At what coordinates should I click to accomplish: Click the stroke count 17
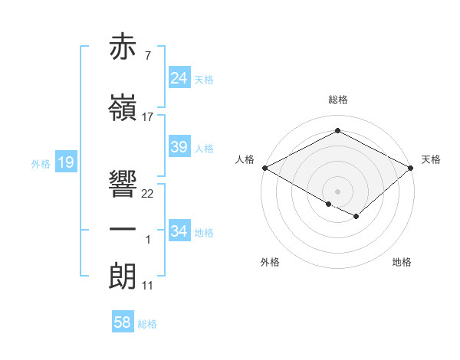148,117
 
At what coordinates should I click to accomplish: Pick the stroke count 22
148,194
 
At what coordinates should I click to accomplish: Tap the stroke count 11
148,286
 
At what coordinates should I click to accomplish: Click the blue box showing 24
179,78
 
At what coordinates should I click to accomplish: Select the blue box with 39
179,147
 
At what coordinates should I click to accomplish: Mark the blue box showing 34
179,231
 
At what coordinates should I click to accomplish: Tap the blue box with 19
65,162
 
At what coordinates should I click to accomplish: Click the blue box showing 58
122,322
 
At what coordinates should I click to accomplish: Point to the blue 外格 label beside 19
41,163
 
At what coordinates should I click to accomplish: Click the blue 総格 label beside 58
147,324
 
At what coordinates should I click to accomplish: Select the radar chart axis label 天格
431,159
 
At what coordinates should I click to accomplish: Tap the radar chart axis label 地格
402,263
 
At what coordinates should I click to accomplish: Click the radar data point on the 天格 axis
411,168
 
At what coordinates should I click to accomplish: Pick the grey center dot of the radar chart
337,191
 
